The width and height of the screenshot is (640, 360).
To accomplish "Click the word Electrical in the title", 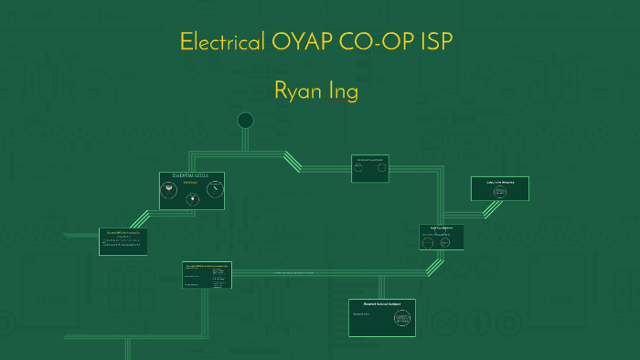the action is [220, 42].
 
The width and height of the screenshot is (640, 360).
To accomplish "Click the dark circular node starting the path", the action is [245, 121].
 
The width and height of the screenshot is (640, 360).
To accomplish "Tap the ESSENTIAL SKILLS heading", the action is [191, 176].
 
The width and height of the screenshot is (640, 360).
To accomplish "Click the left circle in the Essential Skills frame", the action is [168, 190].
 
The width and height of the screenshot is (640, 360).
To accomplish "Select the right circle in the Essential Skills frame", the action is [215, 189].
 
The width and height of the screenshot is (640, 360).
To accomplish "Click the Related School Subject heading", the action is [382, 302].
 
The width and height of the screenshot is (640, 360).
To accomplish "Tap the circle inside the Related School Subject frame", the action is [402, 317].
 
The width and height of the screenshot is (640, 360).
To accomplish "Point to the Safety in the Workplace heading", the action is [499, 182].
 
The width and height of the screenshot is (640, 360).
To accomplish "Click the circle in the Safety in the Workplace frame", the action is [499, 192].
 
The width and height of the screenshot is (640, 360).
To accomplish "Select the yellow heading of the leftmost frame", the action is [122, 233].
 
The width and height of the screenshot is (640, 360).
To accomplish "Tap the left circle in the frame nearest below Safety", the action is [428, 242].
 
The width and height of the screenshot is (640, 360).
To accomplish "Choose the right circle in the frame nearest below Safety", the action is [444, 242].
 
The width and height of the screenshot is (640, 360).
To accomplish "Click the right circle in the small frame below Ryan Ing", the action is [381, 167].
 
